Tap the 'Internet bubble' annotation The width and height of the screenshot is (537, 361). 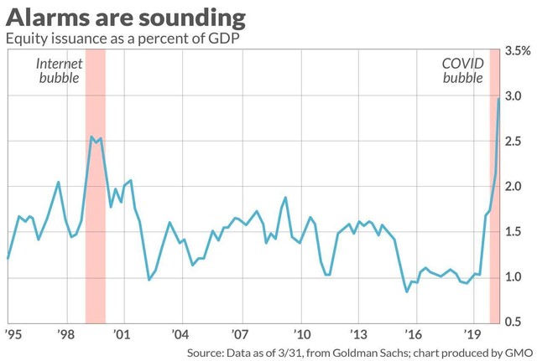point(58,70)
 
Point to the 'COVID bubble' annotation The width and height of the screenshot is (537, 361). point(462,70)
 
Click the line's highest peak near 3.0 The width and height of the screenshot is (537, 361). point(499,99)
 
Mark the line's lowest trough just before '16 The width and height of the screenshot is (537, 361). point(407,291)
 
